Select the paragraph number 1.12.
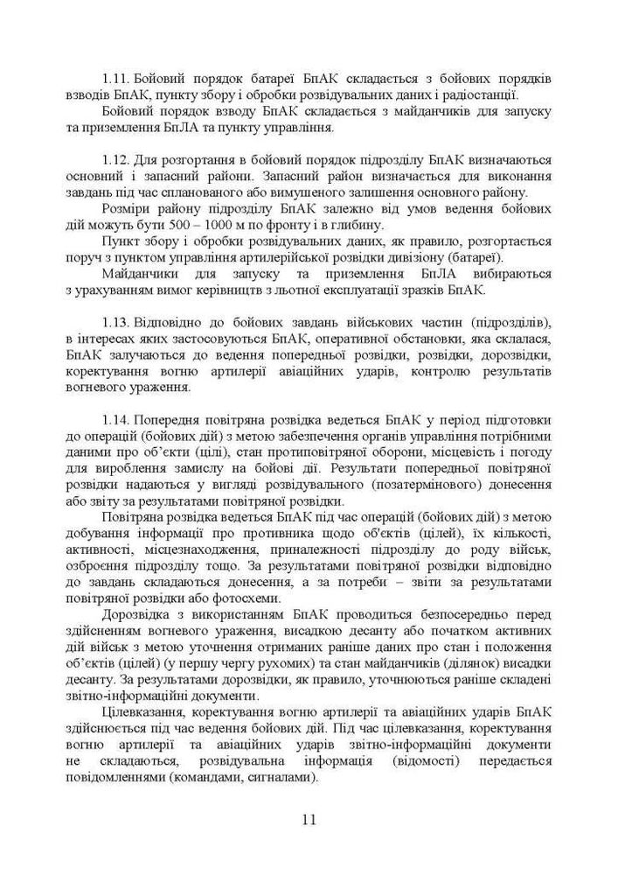click(x=116, y=160)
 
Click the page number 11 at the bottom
click(x=309, y=820)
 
